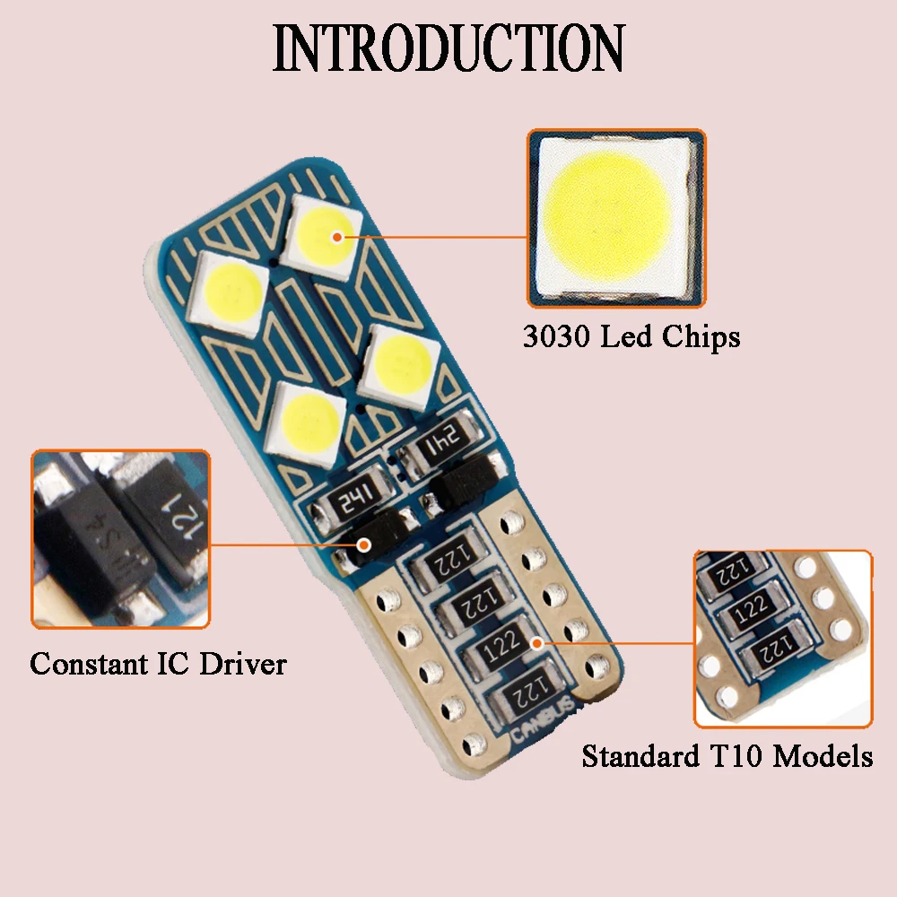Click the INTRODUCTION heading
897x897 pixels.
point(448,48)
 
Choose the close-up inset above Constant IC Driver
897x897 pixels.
point(121,538)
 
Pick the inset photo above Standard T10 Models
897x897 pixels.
point(782,638)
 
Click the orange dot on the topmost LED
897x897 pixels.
point(337,238)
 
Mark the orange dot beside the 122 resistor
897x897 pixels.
point(536,642)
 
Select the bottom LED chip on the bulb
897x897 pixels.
point(308,414)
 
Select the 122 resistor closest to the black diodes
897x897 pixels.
point(445,562)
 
